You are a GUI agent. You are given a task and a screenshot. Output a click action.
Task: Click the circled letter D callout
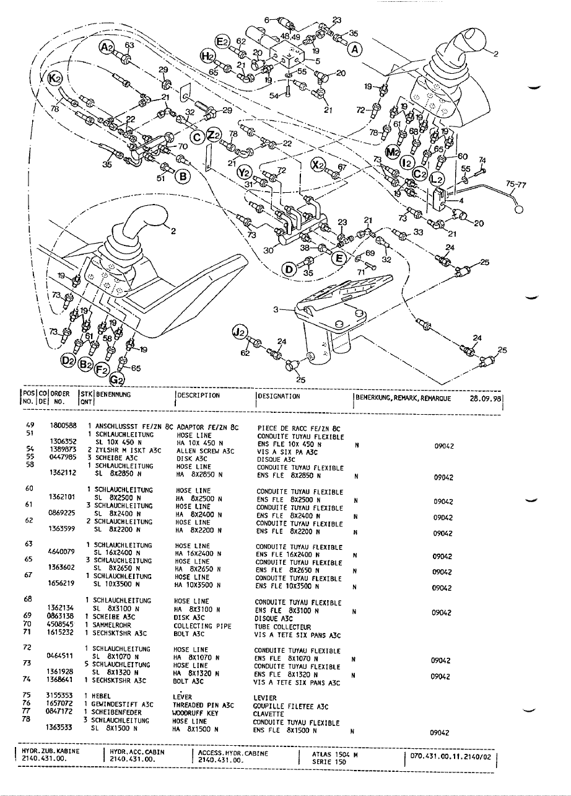(x=289, y=268)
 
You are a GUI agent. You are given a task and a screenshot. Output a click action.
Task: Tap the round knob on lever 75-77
(x=519, y=208)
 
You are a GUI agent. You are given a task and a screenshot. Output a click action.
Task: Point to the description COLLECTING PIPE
(x=203, y=626)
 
